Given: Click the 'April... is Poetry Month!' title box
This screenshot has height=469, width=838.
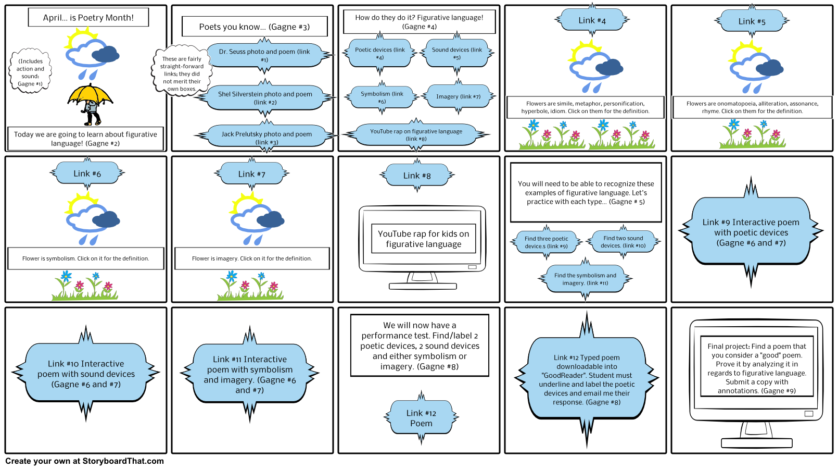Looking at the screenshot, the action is pyautogui.click(x=88, y=17).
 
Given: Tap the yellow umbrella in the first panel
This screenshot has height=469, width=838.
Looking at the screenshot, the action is pyautogui.click(x=90, y=94).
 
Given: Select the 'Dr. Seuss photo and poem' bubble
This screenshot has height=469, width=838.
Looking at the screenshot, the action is pyautogui.click(x=264, y=55).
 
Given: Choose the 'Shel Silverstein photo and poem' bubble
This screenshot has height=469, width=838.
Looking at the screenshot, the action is pyautogui.click(x=265, y=98).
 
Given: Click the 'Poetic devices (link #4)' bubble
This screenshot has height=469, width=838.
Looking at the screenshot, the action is pyautogui.click(x=380, y=53).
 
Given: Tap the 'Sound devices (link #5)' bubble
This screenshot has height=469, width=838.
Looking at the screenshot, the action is pyautogui.click(x=457, y=53).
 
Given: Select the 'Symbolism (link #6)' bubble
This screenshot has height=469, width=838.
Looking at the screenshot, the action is pyautogui.click(x=382, y=97).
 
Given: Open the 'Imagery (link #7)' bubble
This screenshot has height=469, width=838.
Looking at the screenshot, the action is pyautogui.click(x=458, y=96).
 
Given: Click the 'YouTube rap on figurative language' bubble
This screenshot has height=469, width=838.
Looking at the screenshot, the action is pyautogui.click(x=416, y=134).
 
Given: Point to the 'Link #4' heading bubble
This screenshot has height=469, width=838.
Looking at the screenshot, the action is pyautogui.click(x=592, y=20).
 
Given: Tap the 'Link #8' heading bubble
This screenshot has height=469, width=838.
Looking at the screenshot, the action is pyautogui.click(x=417, y=175).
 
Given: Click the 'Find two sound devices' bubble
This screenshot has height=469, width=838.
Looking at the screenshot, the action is pyautogui.click(x=623, y=242).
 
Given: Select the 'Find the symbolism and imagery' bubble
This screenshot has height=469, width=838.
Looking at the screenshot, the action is pyautogui.click(x=585, y=279).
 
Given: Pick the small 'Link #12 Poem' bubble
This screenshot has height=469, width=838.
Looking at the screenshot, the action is pyautogui.click(x=421, y=418).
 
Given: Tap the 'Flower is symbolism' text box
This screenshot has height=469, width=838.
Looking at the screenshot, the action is pyautogui.click(x=86, y=258).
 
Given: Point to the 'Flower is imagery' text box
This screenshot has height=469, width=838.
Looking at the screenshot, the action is pyautogui.click(x=252, y=258).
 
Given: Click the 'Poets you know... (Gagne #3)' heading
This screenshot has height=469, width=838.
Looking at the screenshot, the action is pyautogui.click(x=255, y=27).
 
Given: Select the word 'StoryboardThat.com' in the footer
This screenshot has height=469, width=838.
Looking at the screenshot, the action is pyautogui.click(x=123, y=461).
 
